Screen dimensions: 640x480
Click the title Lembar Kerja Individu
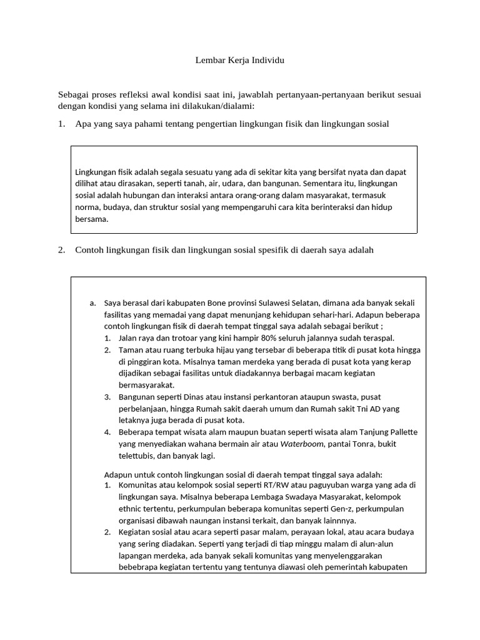click(x=240, y=61)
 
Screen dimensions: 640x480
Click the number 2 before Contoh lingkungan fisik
click(x=61, y=250)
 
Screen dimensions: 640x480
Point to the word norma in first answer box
click(x=87, y=207)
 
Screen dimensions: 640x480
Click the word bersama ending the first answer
click(x=91, y=219)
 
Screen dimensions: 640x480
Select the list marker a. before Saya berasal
click(x=92, y=303)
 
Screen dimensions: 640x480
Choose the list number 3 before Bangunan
click(x=107, y=397)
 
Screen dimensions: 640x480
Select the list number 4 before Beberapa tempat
click(x=107, y=432)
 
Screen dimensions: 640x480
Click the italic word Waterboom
click(x=302, y=444)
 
